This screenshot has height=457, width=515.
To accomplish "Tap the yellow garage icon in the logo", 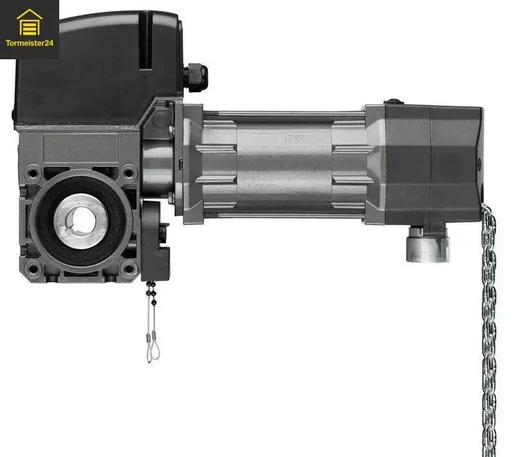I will click(29, 23).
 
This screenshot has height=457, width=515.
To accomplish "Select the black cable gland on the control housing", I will click(194, 77).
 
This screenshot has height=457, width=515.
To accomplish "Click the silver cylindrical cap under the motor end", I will click(427, 246).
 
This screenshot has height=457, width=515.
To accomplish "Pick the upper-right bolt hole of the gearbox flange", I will click(129, 173).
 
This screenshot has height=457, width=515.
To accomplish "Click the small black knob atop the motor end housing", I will click(392, 102).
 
